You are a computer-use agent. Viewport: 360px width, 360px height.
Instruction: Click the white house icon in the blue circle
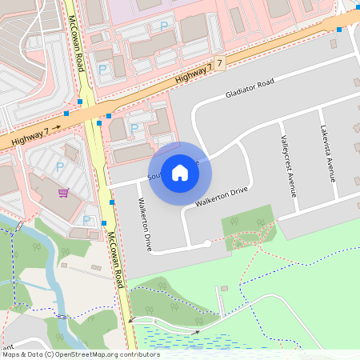coord(180,172)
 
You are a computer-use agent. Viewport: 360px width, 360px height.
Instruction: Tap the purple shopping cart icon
coord(62,192)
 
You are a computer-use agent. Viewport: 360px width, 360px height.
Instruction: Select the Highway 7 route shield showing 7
coord(219,62)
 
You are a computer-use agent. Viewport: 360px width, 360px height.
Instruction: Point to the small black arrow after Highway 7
coord(57,127)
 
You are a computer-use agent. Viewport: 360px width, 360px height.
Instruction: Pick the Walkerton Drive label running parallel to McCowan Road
coord(145,225)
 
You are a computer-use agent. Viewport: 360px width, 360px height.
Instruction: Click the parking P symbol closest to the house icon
coord(134,128)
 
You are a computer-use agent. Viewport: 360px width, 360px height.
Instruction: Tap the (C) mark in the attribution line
coord(50,354)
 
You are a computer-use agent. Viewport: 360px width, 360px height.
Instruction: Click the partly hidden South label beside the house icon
coord(155,174)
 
